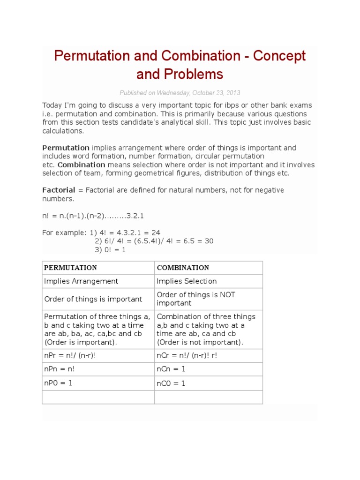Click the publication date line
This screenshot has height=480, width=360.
[180, 93]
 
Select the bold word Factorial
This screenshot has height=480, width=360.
[59, 190]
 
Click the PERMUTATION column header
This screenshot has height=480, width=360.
[70, 268]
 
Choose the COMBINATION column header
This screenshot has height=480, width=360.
[183, 268]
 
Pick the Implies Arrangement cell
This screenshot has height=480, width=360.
[81, 281]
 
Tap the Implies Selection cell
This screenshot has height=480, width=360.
[187, 281]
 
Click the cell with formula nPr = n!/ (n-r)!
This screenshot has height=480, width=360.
[70, 355]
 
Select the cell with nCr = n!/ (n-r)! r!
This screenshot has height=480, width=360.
[187, 355]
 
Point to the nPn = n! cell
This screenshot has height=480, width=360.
[60, 369]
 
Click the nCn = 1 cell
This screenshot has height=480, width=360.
[171, 369]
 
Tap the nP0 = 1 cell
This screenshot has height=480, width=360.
[58, 382]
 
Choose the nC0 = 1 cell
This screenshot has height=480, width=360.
[171, 383]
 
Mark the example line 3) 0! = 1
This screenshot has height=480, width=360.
[110, 250]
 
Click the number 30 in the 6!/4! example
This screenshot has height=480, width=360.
[209, 241]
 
